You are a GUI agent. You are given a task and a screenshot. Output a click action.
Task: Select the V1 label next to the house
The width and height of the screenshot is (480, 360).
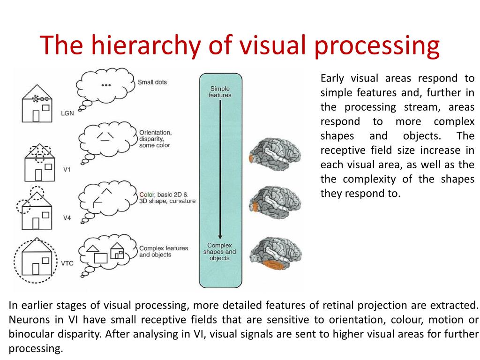coord(67,169)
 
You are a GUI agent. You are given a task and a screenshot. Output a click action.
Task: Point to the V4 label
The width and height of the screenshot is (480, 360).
coord(67,218)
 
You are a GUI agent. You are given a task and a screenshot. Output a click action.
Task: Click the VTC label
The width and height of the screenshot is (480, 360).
coord(67,263)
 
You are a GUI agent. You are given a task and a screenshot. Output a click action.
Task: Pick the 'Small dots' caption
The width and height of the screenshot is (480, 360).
coord(152,82)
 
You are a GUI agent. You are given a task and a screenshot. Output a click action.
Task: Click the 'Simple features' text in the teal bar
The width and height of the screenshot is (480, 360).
coord(220,92)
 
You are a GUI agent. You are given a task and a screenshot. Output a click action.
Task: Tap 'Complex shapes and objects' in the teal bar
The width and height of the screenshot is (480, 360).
coord(219,252)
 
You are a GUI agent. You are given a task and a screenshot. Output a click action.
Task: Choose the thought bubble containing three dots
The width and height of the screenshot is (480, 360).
coord(106,85)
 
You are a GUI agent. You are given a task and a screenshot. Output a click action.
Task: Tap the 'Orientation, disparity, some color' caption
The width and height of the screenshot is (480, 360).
coord(155,139)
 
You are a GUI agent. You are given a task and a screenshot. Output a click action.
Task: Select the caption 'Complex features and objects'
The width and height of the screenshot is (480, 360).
coord(163,252)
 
